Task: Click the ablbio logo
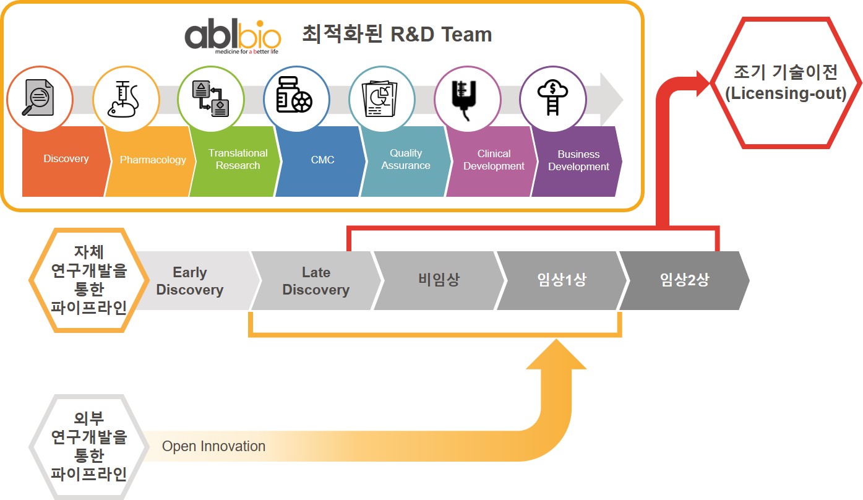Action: tap(232, 37)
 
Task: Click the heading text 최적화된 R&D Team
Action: tap(397, 35)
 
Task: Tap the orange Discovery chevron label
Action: tap(66, 160)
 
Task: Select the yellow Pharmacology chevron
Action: tap(152, 160)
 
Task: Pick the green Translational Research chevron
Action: tap(238, 160)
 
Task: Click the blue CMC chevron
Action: tap(322, 160)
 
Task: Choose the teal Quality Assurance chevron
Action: tap(406, 160)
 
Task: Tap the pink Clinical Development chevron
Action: tap(493, 160)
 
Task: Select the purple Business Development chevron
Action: tap(578, 161)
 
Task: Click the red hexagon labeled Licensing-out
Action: tap(785, 83)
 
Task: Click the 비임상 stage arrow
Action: tap(438, 280)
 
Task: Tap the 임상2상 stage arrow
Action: tap(684, 280)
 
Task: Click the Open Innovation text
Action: tap(213, 446)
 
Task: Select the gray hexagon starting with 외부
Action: tap(88, 446)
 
